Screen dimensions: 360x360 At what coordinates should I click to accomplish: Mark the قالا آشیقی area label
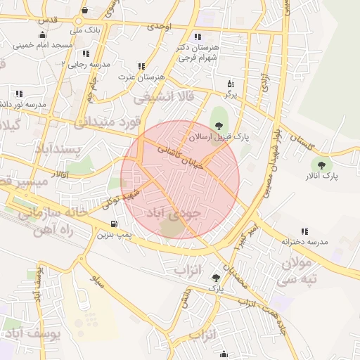pos(167,95)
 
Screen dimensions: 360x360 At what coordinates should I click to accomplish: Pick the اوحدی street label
pos(159,26)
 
